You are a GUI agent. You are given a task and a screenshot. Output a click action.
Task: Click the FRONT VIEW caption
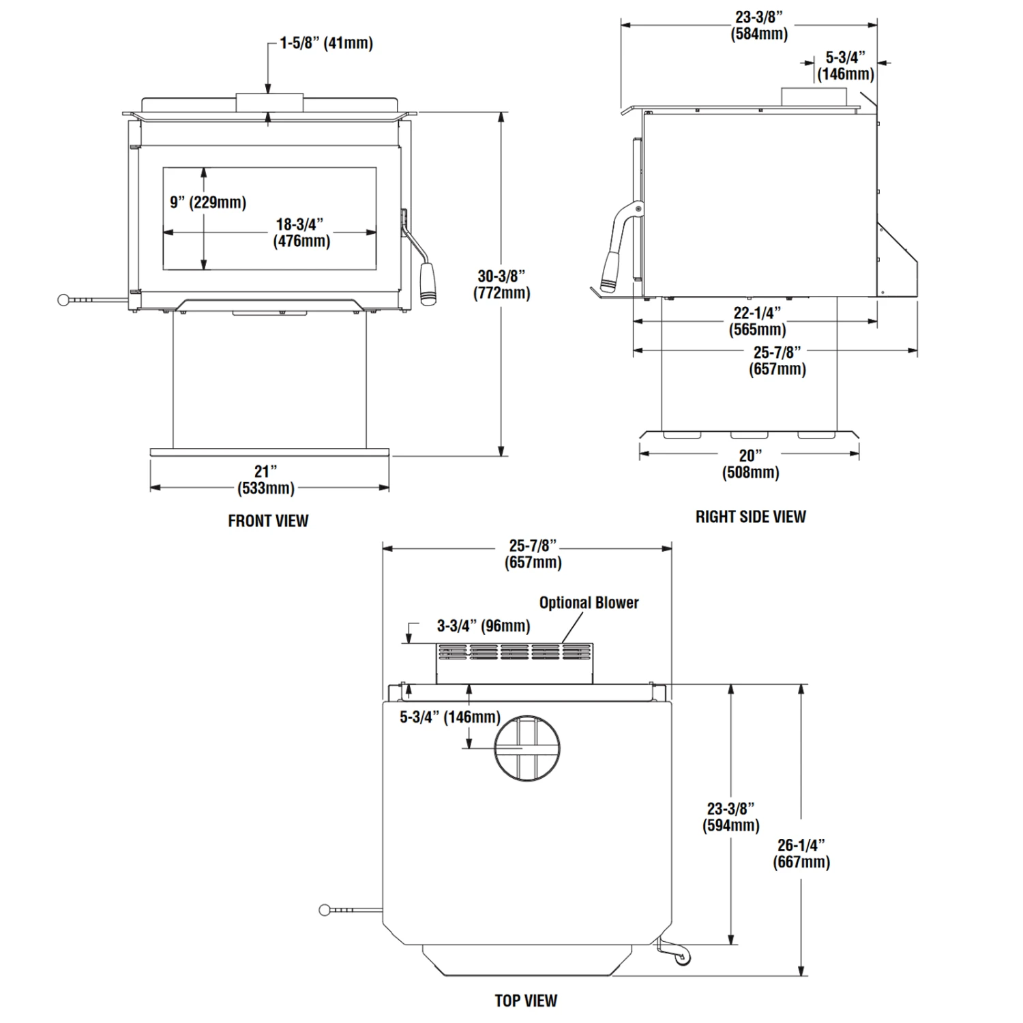point(268,521)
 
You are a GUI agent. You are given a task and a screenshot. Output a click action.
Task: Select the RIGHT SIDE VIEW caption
point(750,517)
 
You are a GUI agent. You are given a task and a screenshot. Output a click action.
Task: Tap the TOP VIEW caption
point(526,1000)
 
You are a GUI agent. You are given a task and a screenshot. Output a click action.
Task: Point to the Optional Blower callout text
point(589,603)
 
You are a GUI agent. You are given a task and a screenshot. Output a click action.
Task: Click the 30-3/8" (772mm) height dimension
point(502,284)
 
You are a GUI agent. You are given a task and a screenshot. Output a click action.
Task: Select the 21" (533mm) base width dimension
point(266,480)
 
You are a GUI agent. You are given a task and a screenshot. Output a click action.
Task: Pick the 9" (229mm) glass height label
point(208,203)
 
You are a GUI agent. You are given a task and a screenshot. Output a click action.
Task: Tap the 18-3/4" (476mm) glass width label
point(301,233)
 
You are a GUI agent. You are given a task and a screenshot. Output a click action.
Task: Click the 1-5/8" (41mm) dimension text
point(326,43)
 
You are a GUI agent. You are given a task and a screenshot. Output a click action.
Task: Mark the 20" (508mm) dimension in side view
point(750,464)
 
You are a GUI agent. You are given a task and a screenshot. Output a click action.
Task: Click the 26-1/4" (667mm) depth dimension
point(801,854)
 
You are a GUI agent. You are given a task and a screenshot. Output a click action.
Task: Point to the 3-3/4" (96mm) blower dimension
point(483,626)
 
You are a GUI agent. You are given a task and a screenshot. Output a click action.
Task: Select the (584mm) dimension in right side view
point(759,33)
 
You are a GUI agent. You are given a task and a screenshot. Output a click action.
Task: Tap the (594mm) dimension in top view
point(730,825)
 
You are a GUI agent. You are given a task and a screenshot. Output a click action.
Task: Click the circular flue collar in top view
point(527,748)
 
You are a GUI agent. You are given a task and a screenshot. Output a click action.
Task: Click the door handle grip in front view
point(428,283)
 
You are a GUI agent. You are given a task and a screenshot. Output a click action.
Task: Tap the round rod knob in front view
point(64,299)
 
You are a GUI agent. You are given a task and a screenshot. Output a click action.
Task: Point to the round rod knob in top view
point(325,910)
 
